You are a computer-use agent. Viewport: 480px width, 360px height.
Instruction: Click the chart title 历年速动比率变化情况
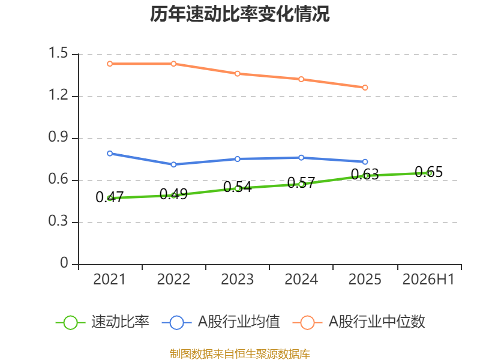coord(239,14)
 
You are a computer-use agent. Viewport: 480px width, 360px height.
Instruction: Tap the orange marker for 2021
coord(110,64)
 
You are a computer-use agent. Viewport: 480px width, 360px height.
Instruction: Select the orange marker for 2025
coord(365,88)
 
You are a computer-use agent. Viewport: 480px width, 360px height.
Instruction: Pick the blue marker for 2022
coord(173,164)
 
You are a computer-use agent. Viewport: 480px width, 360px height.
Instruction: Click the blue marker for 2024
coord(301,158)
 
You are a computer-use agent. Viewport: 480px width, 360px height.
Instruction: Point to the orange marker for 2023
coord(238,73)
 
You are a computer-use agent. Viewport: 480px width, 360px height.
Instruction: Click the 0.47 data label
coord(110,197)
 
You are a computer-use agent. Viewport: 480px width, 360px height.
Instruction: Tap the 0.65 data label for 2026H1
coord(428,172)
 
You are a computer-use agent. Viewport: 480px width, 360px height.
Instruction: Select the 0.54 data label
coord(238,187)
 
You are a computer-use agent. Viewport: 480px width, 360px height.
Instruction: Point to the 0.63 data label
coord(365,174)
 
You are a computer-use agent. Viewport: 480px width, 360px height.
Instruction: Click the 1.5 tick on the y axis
coord(58,53)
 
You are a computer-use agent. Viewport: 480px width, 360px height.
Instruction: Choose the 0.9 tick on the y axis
coord(58,137)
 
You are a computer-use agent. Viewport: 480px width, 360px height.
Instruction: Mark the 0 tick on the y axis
coord(64,263)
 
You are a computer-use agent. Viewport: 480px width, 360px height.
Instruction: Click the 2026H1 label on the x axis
coord(428,279)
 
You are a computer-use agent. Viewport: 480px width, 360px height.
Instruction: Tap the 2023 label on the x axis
coord(238,279)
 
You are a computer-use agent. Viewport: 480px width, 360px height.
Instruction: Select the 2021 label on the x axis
coord(110,279)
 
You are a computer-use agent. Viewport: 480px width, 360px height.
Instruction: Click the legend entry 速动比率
coord(103,322)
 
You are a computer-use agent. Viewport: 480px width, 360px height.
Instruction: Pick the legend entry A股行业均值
coord(221,322)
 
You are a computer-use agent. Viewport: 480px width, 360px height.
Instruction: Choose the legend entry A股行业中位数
coord(359,322)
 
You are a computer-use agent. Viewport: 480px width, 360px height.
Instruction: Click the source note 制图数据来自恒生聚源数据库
coord(240,353)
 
